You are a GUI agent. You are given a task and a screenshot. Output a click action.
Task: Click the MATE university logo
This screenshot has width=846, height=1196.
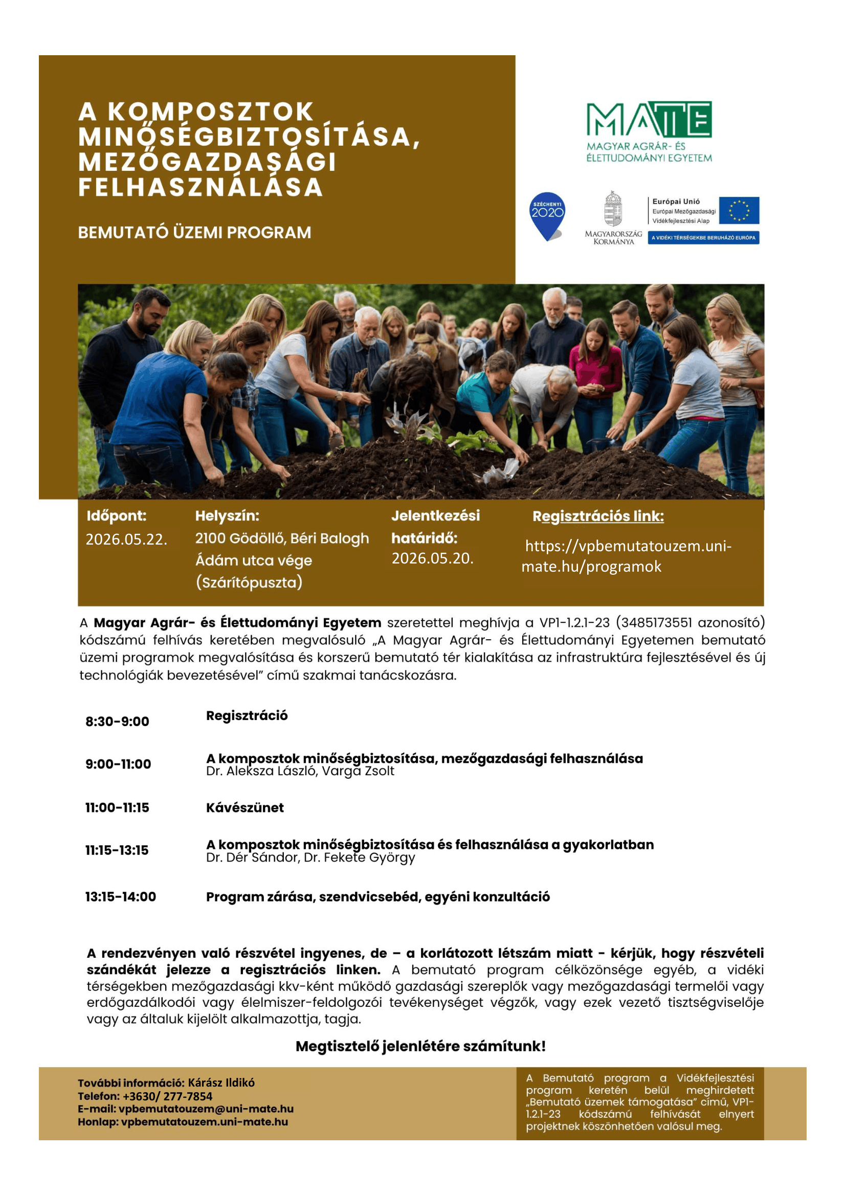(x=649, y=131)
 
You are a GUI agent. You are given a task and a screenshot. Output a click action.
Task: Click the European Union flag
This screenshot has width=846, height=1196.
(x=739, y=210)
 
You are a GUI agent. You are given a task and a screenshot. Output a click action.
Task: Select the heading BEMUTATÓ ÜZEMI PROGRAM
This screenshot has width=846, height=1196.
(x=194, y=232)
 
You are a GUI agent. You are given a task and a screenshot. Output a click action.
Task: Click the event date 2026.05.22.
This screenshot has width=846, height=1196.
(x=126, y=539)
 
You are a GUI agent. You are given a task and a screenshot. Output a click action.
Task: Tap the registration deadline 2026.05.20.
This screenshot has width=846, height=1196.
(x=432, y=558)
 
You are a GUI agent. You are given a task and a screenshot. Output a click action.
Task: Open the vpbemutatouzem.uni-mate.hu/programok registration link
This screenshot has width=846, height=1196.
(x=628, y=556)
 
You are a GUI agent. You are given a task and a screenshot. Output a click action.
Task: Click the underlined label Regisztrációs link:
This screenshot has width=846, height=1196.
(x=598, y=516)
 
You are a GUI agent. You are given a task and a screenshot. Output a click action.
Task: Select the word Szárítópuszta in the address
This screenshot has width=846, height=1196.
(x=249, y=582)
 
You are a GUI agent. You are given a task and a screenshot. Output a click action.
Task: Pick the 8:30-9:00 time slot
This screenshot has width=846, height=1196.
(x=117, y=721)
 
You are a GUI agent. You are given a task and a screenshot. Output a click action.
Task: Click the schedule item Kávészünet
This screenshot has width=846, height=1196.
(x=245, y=807)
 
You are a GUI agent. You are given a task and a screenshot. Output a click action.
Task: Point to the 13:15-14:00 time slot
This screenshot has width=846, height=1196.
(x=120, y=896)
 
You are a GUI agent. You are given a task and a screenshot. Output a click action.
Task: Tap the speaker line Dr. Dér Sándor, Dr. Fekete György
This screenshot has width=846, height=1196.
(x=310, y=857)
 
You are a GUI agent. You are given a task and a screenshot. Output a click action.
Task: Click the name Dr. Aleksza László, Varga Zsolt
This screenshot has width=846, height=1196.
(x=300, y=771)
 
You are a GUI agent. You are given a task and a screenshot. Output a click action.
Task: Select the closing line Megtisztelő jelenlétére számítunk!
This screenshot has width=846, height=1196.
(x=420, y=1046)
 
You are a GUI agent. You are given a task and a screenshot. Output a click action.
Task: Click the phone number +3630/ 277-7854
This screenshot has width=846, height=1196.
(x=167, y=1096)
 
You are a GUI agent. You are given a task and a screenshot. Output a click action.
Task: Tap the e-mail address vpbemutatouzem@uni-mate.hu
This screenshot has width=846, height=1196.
(x=206, y=1109)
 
